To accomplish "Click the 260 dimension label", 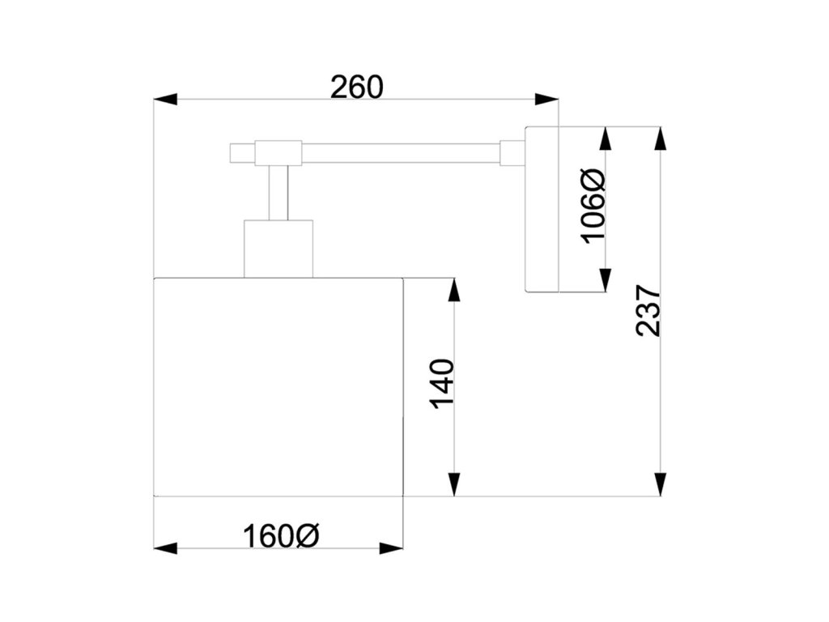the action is (356, 87).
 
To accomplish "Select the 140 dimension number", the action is (442, 383).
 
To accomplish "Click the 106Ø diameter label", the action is (593, 206).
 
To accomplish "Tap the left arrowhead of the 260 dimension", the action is (165, 100).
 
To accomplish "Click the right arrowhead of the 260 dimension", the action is (547, 100).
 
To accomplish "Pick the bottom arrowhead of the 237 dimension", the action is (661, 484).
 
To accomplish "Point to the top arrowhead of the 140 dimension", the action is (454, 290).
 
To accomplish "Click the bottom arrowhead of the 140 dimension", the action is (454, 484).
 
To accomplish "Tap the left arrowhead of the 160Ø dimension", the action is (165, 548).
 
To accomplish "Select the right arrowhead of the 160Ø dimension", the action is (392, 548).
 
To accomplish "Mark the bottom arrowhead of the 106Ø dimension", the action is (604, 279).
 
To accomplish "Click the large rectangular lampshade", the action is (278, 386).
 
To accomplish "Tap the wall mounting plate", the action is (542, 209).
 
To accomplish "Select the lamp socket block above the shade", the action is (278, 248).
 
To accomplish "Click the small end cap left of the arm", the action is (242, 152).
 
